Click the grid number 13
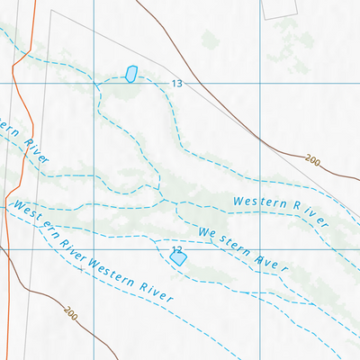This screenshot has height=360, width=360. tap(176, 84)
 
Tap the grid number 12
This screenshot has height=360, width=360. tap(176, 249)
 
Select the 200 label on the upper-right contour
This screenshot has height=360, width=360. tap(312, 160)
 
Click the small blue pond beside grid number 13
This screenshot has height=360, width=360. tap(131, 74)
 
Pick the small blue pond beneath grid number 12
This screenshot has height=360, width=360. tap(178, 258)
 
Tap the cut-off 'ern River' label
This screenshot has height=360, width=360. tap(23, 141)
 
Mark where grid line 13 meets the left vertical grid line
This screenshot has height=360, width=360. tap(94, 84)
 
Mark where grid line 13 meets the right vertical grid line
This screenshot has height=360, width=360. tap(260, 84)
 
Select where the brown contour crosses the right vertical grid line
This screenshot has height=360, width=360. tap(260, 141)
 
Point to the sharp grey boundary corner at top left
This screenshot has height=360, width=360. tap(51, 11)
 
